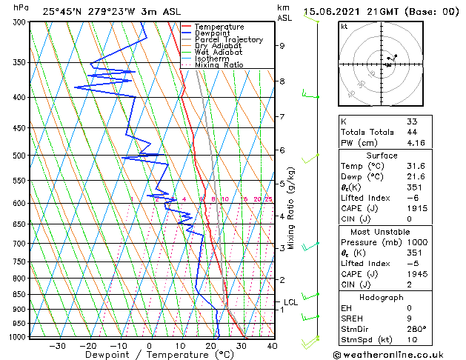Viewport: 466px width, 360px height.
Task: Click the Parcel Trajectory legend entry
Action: (x=228, y=39)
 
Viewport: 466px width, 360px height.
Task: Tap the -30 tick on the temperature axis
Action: (x=56, y=345)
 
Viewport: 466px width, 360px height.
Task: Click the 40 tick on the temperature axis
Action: (x=272, y=345)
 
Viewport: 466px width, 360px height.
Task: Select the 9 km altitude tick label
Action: (x=282, y=45)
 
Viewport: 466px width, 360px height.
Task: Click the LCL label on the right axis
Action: (x=290, y=302)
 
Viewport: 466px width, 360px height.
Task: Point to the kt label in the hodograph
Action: (x=344, y=27)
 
